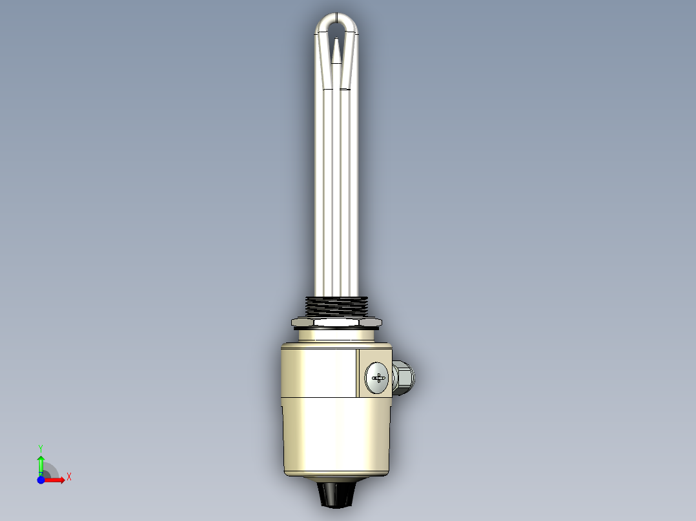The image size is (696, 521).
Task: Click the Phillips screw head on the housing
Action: (x=376, y=378)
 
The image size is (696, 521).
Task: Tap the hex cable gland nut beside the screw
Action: (x=403, y=378)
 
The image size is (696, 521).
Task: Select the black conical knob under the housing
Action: (x=336, y=494)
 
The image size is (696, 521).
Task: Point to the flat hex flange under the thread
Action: (x=336, y=320)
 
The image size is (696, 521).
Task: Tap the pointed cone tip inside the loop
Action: (x=336, y=50)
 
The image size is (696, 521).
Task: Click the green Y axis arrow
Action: (x=41, y=464)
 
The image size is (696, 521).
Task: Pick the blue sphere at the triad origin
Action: (x=41, y=480)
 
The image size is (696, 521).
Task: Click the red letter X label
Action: (x=69, y=477)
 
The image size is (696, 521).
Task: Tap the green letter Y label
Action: (x=41, y=447)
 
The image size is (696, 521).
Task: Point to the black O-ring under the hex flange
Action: (x=336, y=329)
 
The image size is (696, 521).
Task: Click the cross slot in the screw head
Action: (x=378, y=378)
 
